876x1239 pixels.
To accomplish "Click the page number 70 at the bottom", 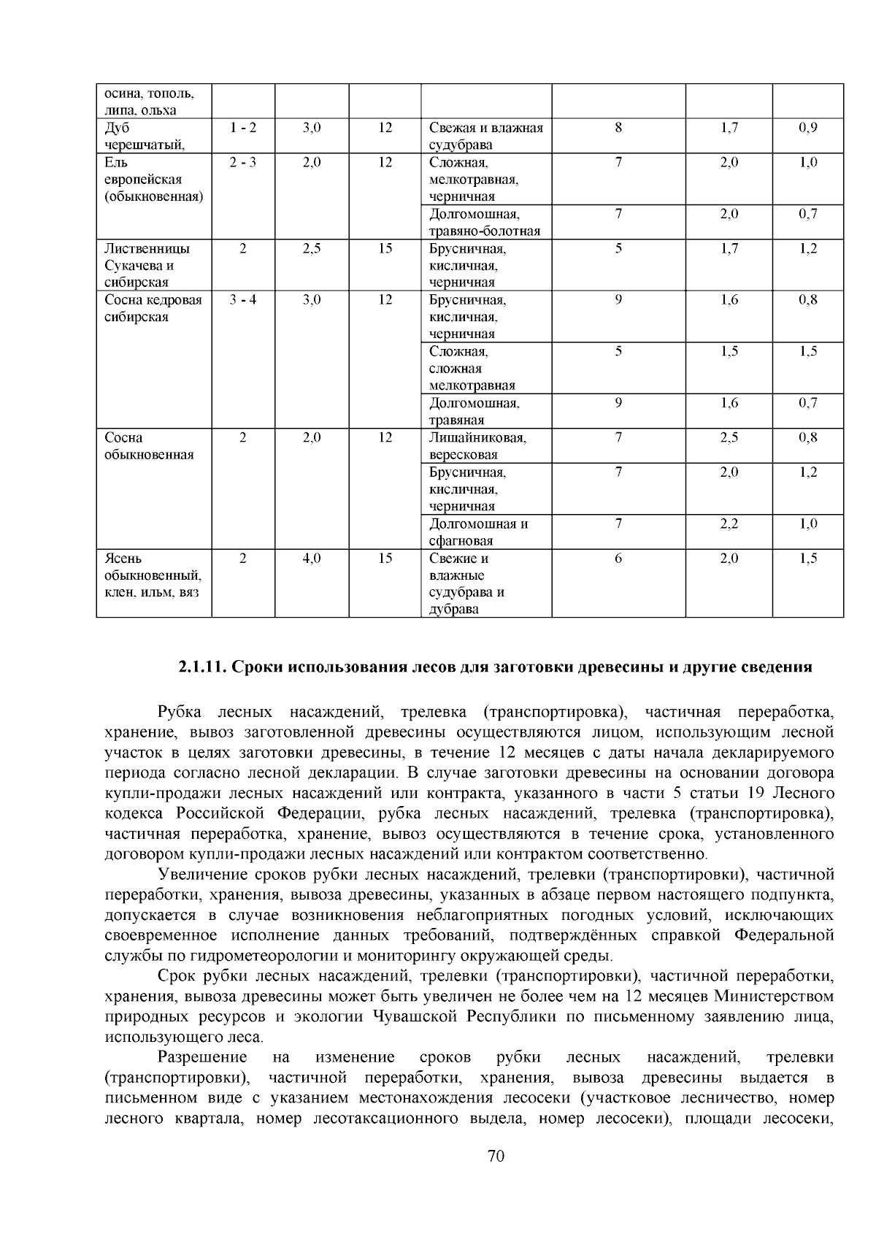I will tap(495, 1156).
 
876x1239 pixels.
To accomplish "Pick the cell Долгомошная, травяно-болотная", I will tap(485, 223).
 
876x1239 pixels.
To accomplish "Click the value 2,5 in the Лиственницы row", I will tap(312, 249).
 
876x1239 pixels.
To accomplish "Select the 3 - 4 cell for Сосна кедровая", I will tap(242, 300).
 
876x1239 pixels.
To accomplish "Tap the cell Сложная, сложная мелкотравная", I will tap(473, 369).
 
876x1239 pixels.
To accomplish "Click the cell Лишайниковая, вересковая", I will tap(477, 446).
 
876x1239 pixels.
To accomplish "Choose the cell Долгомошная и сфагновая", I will tap(478, 532).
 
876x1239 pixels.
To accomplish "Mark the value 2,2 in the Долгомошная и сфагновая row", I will tap(729, 524).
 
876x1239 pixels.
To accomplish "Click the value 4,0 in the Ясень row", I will tap(312, 559).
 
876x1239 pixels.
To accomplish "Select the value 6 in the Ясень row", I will tap(618, 559).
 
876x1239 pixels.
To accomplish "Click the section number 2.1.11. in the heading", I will tap(204, 667).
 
